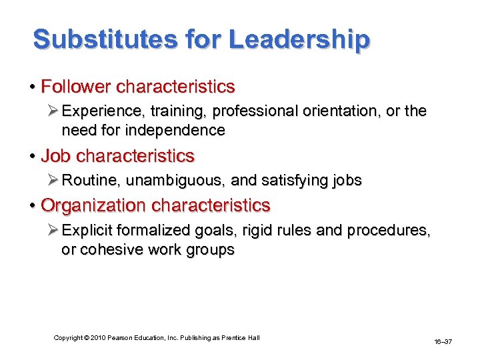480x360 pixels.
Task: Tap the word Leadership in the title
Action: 299,40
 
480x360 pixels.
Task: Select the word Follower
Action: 75,87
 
